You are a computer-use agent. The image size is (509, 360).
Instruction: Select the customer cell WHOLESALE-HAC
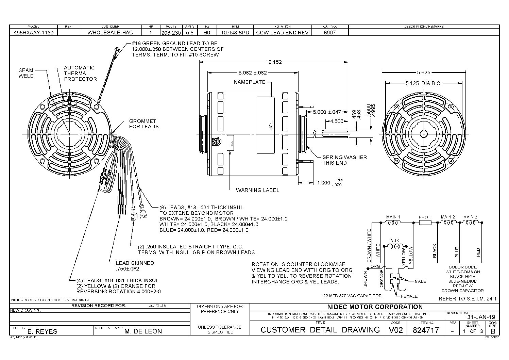click(110, 33)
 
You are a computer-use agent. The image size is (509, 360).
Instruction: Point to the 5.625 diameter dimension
click(423, 72)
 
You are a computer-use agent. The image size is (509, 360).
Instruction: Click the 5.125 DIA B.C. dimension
click(423, 83)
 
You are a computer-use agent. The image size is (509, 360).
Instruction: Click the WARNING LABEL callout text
click(257, 190)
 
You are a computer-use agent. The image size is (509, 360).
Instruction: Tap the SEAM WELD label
click(26, 73)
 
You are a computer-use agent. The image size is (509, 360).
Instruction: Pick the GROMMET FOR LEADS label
click(143, 124)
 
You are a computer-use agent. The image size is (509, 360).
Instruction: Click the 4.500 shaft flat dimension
click(337, 121)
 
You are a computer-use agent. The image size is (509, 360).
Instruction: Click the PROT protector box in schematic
click(425, 223)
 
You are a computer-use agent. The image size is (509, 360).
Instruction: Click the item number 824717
click(426, 330)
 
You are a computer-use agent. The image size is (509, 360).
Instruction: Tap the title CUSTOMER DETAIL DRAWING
click(320, 330)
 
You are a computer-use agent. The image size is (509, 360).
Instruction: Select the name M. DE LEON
click(143, 331)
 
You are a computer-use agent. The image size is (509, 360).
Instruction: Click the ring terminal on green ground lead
click(117, 50)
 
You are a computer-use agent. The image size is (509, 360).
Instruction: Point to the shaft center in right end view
click(423, 134)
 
